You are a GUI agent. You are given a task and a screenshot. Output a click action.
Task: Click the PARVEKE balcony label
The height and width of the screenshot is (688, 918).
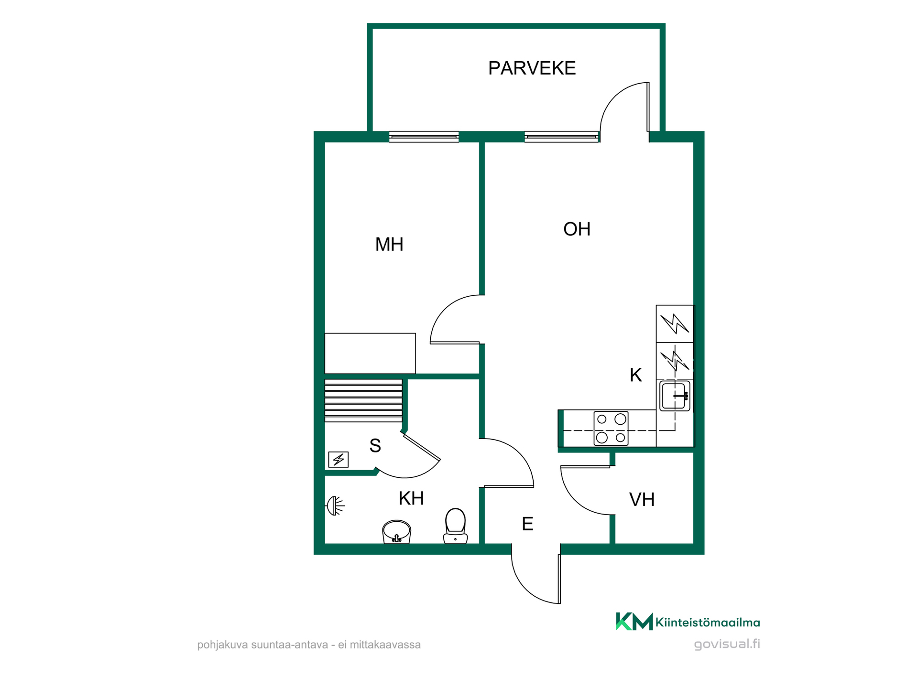point(532,68)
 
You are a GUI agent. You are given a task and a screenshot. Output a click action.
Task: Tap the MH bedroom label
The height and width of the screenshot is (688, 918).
point(389,245)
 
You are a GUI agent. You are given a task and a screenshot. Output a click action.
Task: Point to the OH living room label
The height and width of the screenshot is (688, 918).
point(577,229)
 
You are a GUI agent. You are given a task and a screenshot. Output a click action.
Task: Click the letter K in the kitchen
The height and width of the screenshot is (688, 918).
point(635,375)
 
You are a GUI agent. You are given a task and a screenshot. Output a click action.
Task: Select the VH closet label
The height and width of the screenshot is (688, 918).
point(642,500)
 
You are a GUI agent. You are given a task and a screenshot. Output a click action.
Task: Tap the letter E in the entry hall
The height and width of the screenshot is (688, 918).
point(527,524)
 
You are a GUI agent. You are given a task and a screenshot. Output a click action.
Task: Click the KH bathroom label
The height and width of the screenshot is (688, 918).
point(411,498)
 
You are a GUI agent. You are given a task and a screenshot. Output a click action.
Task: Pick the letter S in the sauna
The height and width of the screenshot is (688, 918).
point(375,446)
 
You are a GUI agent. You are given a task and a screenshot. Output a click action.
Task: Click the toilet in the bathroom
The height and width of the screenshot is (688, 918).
point(455,526)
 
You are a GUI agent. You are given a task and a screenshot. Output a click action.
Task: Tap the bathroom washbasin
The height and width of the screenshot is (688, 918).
point(396,532)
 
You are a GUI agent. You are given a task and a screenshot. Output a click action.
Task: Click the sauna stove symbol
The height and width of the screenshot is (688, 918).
point(339,460)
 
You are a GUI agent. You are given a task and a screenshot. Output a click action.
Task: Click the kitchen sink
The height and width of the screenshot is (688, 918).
point(675,396)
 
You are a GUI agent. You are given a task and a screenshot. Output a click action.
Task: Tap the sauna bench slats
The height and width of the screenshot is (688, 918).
point(363,400)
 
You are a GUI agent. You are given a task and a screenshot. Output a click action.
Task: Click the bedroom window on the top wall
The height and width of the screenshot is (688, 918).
point(424,137)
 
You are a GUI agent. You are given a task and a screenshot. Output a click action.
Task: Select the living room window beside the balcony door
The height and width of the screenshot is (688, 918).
point(562,137)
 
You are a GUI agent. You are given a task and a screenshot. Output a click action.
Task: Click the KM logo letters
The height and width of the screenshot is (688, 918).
point(634,622)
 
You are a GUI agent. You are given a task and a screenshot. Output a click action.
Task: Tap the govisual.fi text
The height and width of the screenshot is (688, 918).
point(727,644)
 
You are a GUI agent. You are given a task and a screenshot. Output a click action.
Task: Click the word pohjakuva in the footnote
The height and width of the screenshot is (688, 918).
point(222,645)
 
